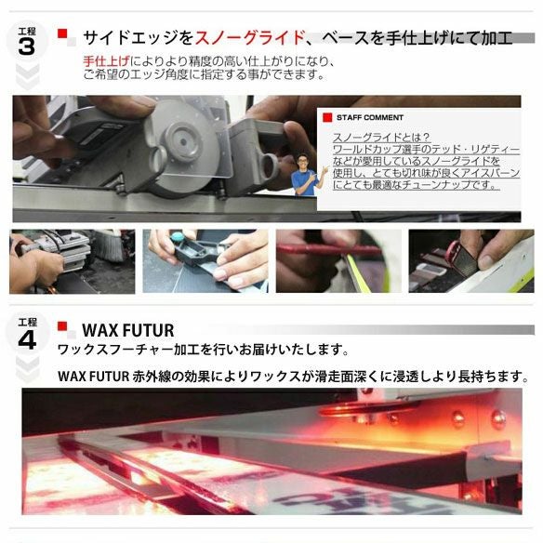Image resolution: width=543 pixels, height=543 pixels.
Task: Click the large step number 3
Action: (27, 46)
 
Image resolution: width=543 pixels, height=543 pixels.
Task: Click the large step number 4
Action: (27, 340)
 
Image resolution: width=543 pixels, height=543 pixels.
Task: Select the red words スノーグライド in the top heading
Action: (250, 37)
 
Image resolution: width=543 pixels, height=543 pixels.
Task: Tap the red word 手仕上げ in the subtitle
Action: (106, 61)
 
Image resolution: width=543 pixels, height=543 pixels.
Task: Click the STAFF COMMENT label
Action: (370, 118)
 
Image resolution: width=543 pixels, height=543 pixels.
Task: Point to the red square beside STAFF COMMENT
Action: (327, 117)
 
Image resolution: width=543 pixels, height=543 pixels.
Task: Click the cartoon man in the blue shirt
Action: (307, 175)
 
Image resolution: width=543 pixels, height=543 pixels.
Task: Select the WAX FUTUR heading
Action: (128, 330)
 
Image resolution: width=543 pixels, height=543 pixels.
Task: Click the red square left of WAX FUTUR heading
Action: (62, 326)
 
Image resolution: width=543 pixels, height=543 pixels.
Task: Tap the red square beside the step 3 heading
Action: (62, 33)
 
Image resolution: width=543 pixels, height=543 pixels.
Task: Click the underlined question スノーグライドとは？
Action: (381, 138)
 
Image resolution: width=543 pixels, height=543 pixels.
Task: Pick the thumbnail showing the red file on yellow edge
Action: (338, 261)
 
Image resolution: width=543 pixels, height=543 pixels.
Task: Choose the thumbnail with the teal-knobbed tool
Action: (205, 261)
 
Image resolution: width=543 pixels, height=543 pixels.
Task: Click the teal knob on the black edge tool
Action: (178, 237)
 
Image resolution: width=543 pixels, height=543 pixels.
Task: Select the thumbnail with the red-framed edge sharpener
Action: (471, 261)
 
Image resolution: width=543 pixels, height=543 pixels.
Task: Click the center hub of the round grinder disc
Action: (183, 141)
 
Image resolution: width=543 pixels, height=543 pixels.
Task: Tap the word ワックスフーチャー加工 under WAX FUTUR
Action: (129, 350)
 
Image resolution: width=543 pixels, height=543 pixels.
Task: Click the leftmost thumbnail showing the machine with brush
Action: (72, 261)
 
